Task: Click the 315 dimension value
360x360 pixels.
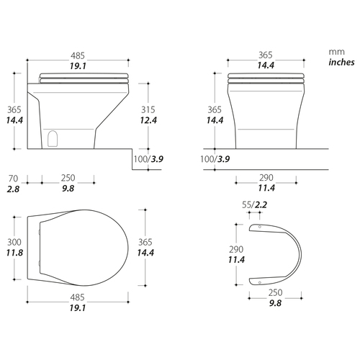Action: point(148,109)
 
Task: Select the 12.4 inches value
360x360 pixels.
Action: point(148,120)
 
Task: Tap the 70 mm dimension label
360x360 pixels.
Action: point(13,179)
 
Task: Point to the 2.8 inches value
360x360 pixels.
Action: point(13,189)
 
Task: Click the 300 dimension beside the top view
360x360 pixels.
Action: point(14,242)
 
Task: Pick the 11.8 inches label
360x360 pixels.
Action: point(14,253)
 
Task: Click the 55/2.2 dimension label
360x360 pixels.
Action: point(254,204)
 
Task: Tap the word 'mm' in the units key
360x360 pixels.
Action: point(336,52)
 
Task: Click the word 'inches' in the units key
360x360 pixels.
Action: point(341,62)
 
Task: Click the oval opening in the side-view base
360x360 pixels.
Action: point(53,139)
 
